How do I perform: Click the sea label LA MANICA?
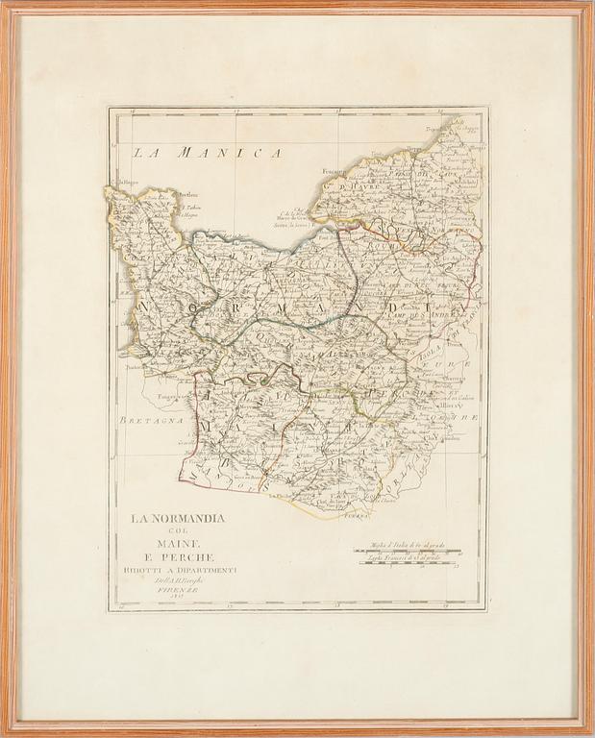[x=207, y=152]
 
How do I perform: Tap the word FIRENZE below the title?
[x=180, y=593]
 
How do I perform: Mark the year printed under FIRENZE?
[x=180, y=603]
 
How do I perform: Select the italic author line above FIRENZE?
[x=180, y=582]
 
